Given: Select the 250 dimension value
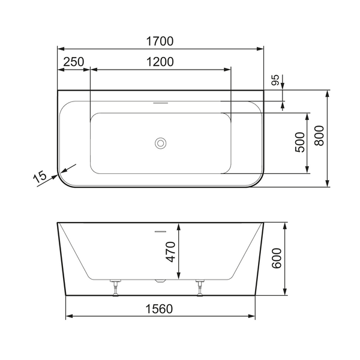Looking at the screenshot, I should [x=73, y=61].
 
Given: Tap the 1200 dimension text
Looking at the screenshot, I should [x=160, y=61].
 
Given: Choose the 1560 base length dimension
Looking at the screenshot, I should [x=159, y=309].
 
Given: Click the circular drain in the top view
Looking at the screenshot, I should [x=160, y=143].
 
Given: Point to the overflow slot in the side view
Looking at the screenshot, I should [x=160, y=230].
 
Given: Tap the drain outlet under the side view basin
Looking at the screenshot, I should [x=160, y=281].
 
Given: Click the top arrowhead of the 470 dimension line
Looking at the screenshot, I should [x=178, y=227].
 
